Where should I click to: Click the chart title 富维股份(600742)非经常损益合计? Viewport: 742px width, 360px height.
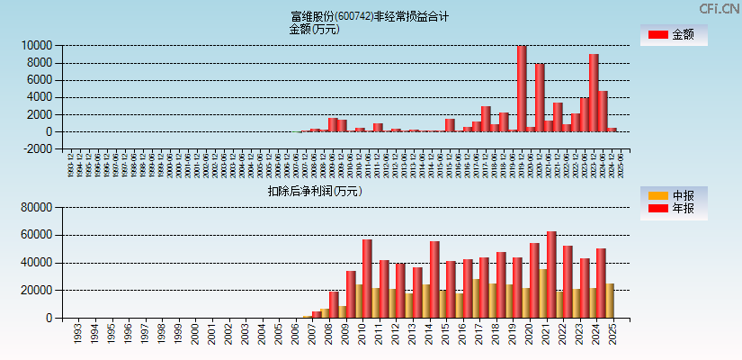pos(370,16)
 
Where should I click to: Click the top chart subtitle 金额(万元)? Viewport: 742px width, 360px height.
pos(314,29)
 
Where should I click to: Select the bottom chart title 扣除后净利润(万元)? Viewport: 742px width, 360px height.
pos(314,191)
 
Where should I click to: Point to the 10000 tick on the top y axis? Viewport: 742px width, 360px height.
pos(36,45)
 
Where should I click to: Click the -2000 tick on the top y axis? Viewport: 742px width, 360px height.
pos(36,149)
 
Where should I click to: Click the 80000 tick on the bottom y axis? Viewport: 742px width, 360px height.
pos(36,208)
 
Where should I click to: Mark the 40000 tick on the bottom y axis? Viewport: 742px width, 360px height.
pos(36,263)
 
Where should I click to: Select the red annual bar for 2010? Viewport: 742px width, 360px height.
pos(367,278)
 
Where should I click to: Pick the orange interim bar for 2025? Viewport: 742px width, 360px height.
pos(609,301)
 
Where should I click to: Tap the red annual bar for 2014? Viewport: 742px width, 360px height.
pos(434,279)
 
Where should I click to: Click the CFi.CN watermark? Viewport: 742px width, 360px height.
pos(720,8)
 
